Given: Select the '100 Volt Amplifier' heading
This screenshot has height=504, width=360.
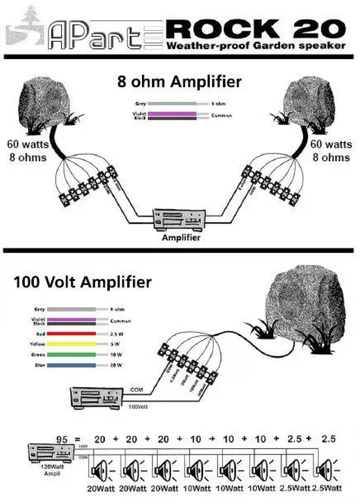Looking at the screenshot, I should [x=83, y=281].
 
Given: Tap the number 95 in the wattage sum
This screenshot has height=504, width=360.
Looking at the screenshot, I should [x=62, y=439].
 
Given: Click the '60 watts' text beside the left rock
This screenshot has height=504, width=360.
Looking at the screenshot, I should [x=28, y=144].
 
